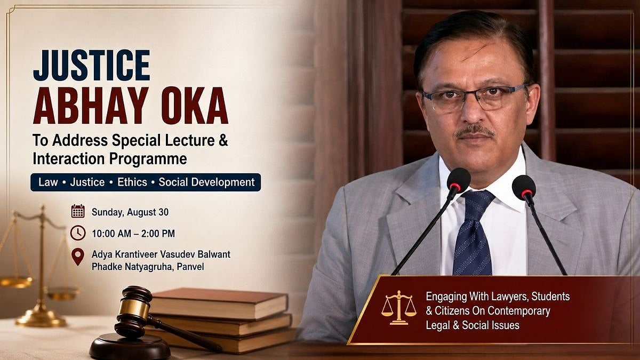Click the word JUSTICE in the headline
[92, 66]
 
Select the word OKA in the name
[195, 106]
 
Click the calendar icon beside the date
[78, 211]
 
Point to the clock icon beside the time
[78, 233]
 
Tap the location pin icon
[78, 257]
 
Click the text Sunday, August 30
[130, 212]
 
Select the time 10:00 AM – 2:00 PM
[133, 234]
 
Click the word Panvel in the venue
[190, 267]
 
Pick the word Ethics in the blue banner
[132, 182]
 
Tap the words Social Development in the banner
[206, 182]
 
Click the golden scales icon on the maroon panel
[399, 308]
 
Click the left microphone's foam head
[459, 181]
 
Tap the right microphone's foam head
[524, 187]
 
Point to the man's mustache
[475, 131]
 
